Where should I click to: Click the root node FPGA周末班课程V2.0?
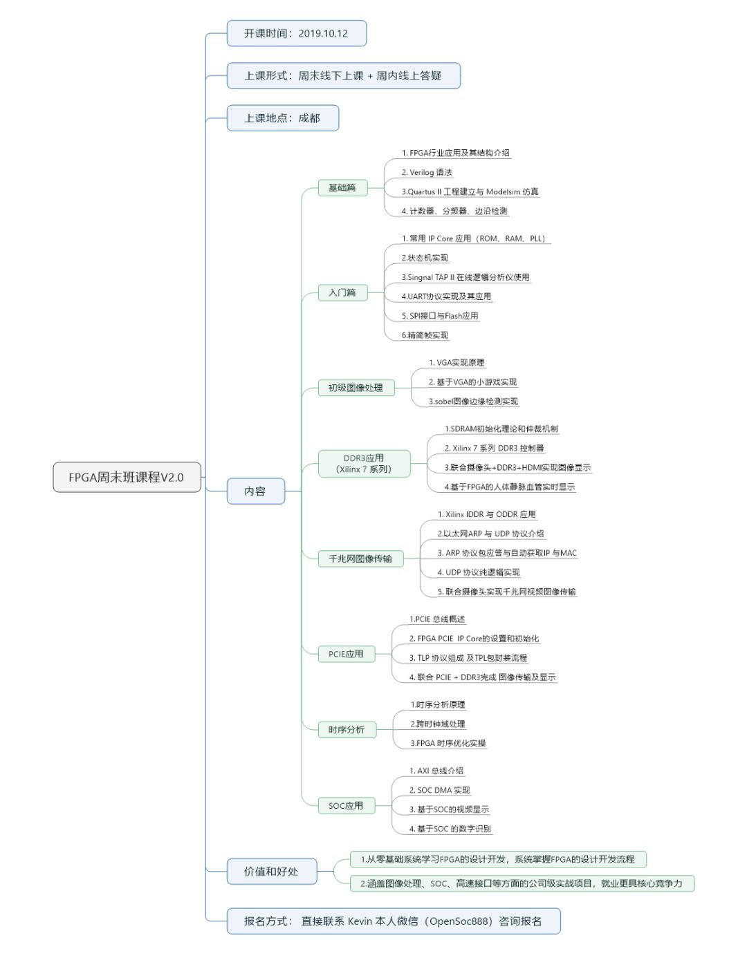pyautogui.click(x=127, y=477)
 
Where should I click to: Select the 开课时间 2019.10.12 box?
pyautogui.click(x=296, y=33)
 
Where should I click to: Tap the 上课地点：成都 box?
pyautogui.click(x=282, y=118)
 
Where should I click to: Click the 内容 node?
pyautogui.click(x=255, y=491)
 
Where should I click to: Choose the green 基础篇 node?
pyautogui.click(x=342, y=188)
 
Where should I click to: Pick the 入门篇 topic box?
pyautogui.click(x=342, y=293)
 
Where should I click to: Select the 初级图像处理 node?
pyautogui.click(x=356, y=388)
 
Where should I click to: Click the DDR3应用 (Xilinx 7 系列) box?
pyautogui.click(x=364, y=464)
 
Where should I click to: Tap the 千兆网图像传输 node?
pyautogui.click(x=360, y=558)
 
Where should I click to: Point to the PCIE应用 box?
pyautogui.click(x=346, y=654)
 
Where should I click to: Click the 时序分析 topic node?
pyautogui.click(x=347, y=730)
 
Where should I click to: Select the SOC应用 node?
pyautogui.click(x=346, y=806)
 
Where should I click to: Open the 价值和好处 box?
pyautogui.click(x=271, y=872)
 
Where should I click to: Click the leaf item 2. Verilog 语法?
pyautogui.click(x=427, y=173)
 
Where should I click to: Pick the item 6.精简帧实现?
pyautogui.click(x=425, y=336)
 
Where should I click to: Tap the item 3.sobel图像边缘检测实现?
pyautogui.click(x=473, y=402)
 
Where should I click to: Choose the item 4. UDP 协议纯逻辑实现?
pyautogui.click(x=479, y=573)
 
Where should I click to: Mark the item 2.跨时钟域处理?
pyautogui.click(x=438, y=724)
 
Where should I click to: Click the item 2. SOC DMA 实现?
pyautogui.click(x=439, y=791)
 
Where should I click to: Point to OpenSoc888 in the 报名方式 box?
pyautogui.click(x=461, y=921)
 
